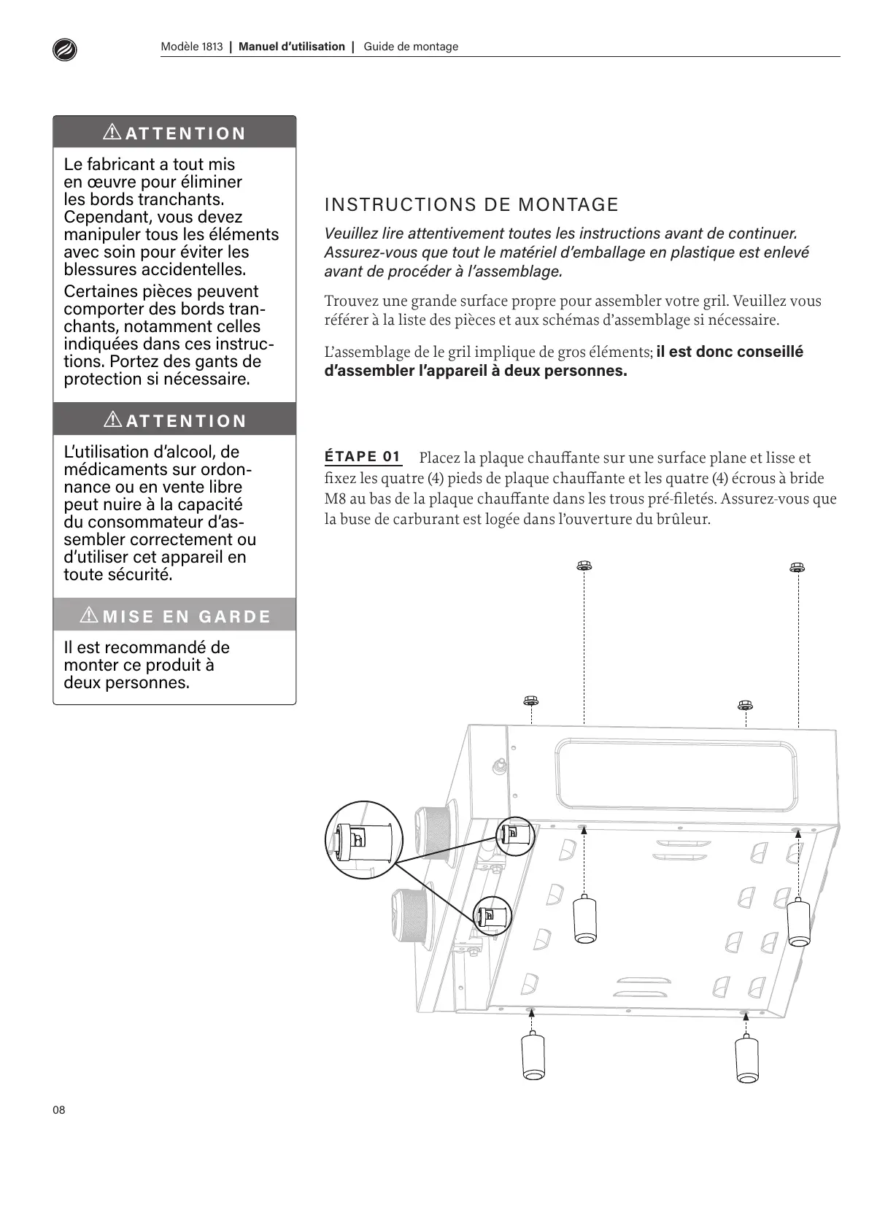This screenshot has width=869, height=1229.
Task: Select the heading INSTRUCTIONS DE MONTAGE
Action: pyautogui.click(x=471, y=204)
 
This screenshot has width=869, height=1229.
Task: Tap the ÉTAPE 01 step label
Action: pyautogui.click(x=363, y=457)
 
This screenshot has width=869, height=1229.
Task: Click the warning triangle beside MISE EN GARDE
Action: pyautogui.click(x=90, y=615)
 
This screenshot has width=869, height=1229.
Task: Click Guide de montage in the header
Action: pyautogui.click(x=411, y=47)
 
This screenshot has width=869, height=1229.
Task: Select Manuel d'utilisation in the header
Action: pyautogui.click(x=292, y=47)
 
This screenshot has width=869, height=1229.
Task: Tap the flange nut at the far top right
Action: pyautogui.click(x=797, y=566)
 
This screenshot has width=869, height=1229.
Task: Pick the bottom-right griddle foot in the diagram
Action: pyautogui.click(x=746, y=1058)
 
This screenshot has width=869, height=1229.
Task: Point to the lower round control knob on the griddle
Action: pyautogui.click(x=412, y=917)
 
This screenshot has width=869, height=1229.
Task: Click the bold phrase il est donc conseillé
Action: pyautogui.click(x=730, y=352)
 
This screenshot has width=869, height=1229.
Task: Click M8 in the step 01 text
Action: pyautogui.click(x=333, y=499)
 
